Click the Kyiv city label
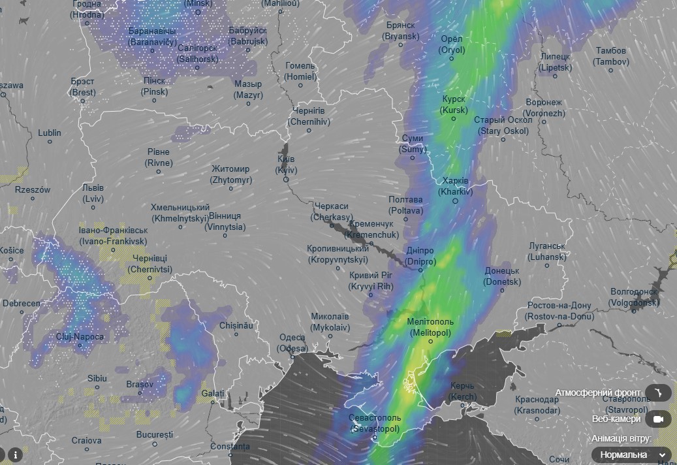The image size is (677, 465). pyautogui.click(x=286, y=165)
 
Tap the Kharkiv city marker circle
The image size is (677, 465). pyautogui.click(x=456, y=201)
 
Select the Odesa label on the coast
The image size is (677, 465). pyautogui.click(x=292, y=343)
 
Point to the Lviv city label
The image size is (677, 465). pyautogui.click(x=93, y=193)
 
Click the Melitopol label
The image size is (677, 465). pyautogui.click(x=430, y=327)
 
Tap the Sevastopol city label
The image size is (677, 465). pyautogui.click(x=375, y=423)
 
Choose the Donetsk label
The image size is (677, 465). pyautogui.click(x=502, y=276)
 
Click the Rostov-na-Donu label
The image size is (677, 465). pyautogui.click(x=559, y=311)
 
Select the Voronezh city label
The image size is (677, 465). pyautogui.click(x=544, y=108)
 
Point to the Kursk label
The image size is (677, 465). pyautogui.click(x=454, y=105)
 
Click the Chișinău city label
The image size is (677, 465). pyautogui.click(x=236, y=325)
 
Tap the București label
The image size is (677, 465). pyautogui.click(x=155, y=434)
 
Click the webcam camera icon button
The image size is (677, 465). pyautogui.click(x=658, y=419)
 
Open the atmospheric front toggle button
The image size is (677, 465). pyautogui.click(x=658, y=393)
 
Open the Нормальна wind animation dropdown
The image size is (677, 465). pyautogui.click(x=631, y=455)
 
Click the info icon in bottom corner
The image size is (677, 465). pyautogui.click(x=15, y=454)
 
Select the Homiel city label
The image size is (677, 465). pyautogui.click(x=300, y=71)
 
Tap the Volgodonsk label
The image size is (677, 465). pyautogui.click(x=633, y=297)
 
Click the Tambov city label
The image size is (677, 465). pyautogui.click(x=611, y=56)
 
